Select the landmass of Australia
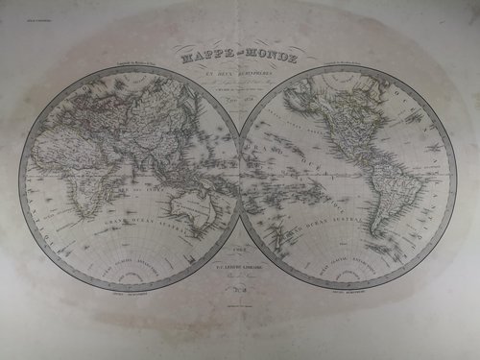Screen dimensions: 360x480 (198, 207)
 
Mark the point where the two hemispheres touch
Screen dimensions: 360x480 (239, 181)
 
